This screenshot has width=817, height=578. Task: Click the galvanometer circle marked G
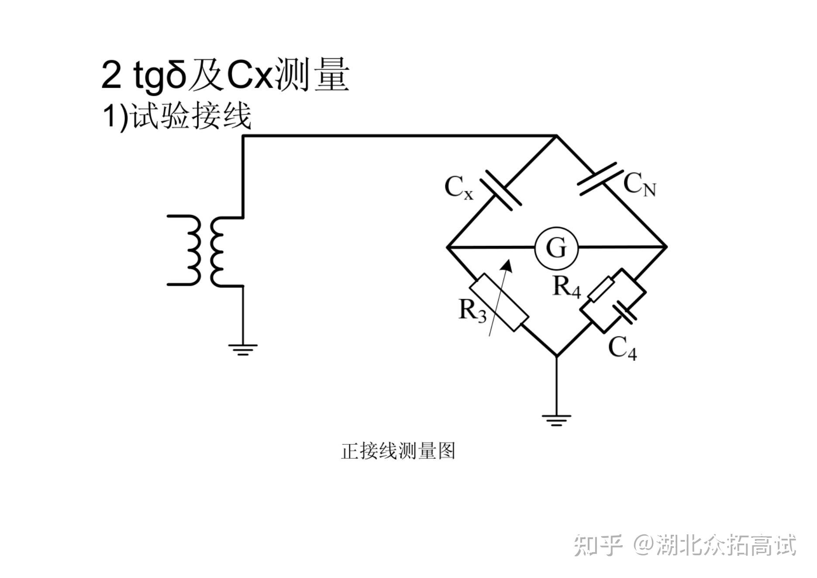(x=557, y=248)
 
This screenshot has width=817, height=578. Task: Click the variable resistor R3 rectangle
(x=499, y=302)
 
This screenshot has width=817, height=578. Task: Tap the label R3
(x=472, y=311)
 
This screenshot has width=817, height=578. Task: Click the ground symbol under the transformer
(x=243, y=349)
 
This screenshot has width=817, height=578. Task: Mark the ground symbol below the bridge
(x=556, y=420)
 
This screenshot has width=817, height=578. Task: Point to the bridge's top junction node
(x=556, y=136)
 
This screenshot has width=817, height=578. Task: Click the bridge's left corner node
(x=447, y=248)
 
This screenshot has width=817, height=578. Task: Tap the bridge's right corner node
(x=666, y=247)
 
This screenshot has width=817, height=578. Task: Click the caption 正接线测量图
(x=398, y=451)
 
